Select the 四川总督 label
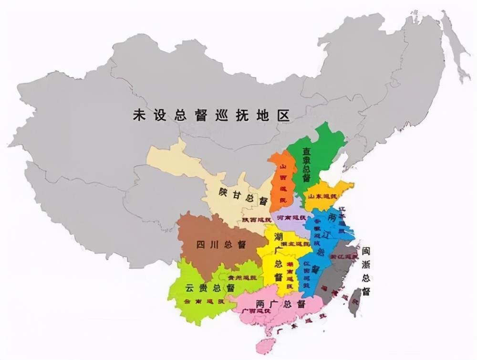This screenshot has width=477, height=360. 221,245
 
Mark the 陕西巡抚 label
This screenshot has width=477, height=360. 256,220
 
